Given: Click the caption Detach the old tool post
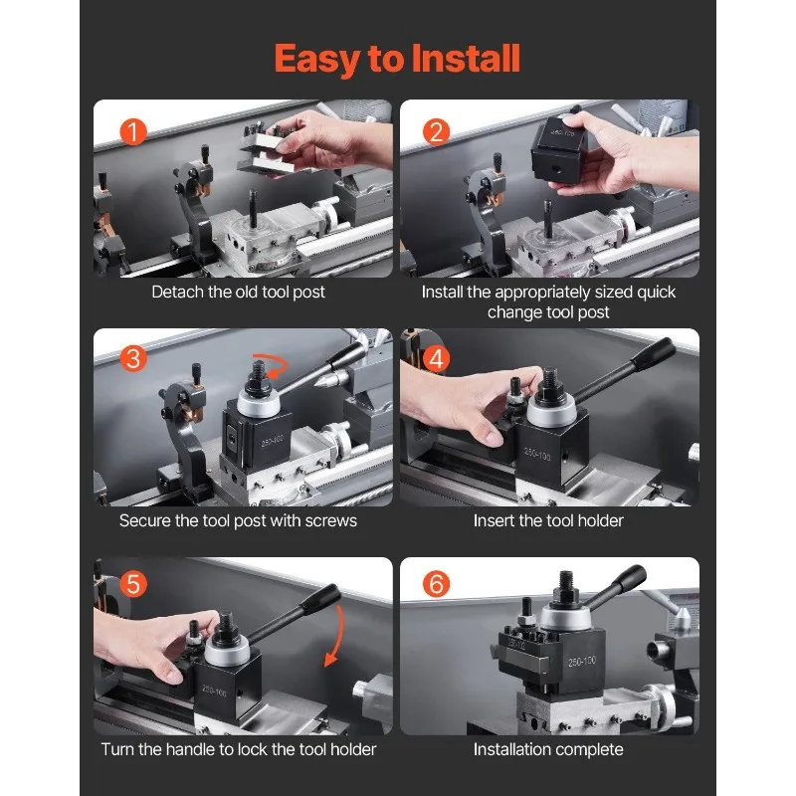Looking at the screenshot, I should (238, 292).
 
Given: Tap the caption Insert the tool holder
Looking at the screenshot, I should (548, 520).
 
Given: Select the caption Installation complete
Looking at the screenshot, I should (548, 749).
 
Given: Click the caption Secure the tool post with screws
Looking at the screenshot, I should (238, 520).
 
